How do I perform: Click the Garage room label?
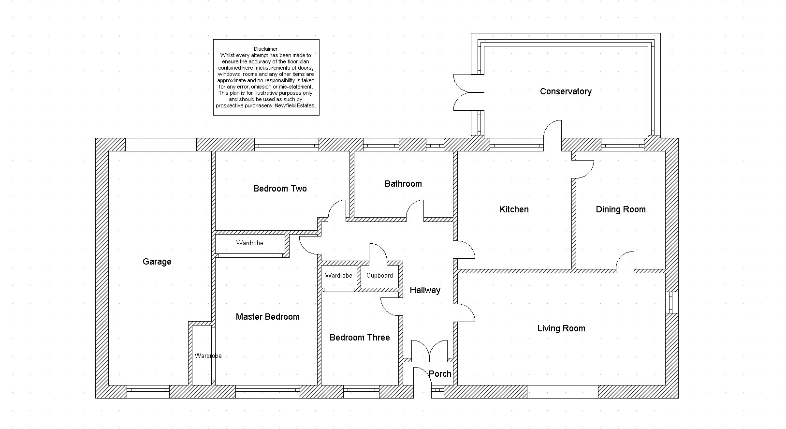(x=157, y=262)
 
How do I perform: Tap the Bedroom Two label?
(x=280, y=189)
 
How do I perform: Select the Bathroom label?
(x=403, y=184)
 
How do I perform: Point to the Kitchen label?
(x=514, y=209)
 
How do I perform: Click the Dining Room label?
(x=621, y=209)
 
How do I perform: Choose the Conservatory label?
(x=566, y=91)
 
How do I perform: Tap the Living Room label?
(x=561, y=328)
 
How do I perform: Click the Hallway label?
(x=425, y=290)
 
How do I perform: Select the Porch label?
(x=440, y=374)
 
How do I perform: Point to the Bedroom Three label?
(x=360, y=338)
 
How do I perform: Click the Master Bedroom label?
(x=268, y=317)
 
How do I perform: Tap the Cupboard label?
(x=379, y=276)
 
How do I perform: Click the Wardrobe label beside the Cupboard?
(x=338, y=276)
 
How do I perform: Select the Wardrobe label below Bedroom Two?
(x=249, y=243)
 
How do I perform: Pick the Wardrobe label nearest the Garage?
(x=208, y=356)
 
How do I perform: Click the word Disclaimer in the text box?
(x=266, y=49)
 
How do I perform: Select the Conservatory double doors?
(x=469, y=92)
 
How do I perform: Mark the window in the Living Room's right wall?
(x=671, y=302)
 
